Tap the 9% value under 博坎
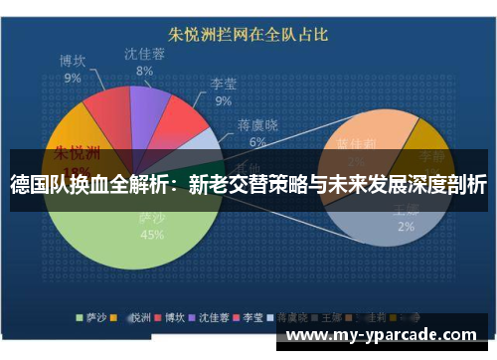pos(73,78)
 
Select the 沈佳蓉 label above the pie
pos(145,55)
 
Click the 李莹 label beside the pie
pos(224,85)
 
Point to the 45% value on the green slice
pos(152,236)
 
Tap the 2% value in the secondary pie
pos(407,226)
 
